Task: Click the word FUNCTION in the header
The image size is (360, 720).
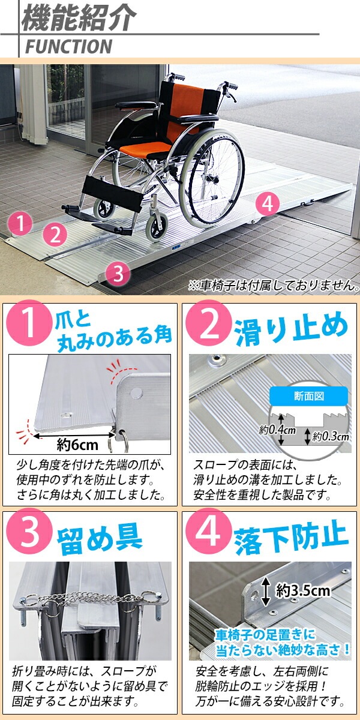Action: pos(69,47)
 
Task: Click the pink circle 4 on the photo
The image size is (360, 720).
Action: pos(268,204)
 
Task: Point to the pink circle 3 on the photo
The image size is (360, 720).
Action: pos(119,274)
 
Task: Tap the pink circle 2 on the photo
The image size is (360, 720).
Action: pos(55,235)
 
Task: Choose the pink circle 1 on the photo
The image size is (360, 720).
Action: pos(20,223)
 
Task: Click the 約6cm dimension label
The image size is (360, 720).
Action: pos(77,445)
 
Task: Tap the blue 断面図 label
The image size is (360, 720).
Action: pos(308,396)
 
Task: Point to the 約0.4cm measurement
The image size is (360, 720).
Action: pos(277,430)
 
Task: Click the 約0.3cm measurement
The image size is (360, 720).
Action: pos(331,437)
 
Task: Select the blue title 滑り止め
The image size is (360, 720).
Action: pos(291,331)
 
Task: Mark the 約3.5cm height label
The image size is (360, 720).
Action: pos(303,590)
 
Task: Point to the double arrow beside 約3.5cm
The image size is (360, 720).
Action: pos(266,591)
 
